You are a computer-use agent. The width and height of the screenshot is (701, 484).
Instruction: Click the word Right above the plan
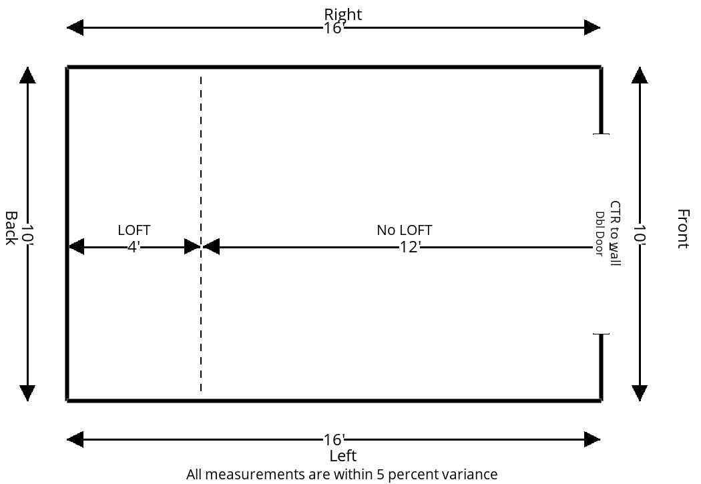point(343,14)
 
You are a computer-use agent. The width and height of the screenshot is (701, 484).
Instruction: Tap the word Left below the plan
point(343,456)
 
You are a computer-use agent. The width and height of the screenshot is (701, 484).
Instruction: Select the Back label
point(11,228)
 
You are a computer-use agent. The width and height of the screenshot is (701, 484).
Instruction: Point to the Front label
point(683,228)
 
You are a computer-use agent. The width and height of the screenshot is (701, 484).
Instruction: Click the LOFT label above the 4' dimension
point(134,230)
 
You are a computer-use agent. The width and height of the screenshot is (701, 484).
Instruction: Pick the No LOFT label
point(404,230)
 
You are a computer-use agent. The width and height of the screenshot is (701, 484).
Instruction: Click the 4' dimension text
point(134,247)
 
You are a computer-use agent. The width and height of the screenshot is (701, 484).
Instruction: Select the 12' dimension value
point(410,247)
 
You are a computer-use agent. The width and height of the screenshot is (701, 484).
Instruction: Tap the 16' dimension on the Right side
point(334,28)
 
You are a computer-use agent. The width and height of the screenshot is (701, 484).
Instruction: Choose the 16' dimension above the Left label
point(334,440)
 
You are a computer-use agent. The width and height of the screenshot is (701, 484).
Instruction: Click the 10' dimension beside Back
point(28,234)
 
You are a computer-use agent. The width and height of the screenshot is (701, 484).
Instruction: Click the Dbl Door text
point(600,234)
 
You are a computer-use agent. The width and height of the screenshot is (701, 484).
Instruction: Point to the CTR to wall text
point(615,233)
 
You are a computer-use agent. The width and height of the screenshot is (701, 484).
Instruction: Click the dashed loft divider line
point(201,234)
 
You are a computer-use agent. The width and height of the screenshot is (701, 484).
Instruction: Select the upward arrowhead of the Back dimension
point(28,75)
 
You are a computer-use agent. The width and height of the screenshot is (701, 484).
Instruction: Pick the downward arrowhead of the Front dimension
point(640,393)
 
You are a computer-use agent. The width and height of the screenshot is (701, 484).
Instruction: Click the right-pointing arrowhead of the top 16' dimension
point(592,28)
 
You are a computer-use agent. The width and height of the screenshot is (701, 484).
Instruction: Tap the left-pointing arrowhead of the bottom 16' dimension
point(75,440)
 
